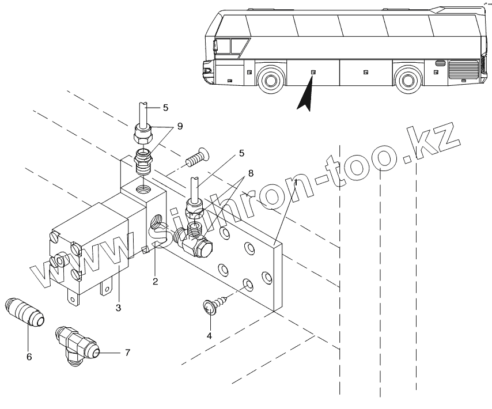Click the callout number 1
point(296,183)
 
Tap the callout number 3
point(118,308)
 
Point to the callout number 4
point(210,335)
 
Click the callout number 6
point(29,357)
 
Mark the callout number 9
point(180,126)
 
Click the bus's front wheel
point(270,80)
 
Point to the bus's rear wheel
point(408,80)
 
